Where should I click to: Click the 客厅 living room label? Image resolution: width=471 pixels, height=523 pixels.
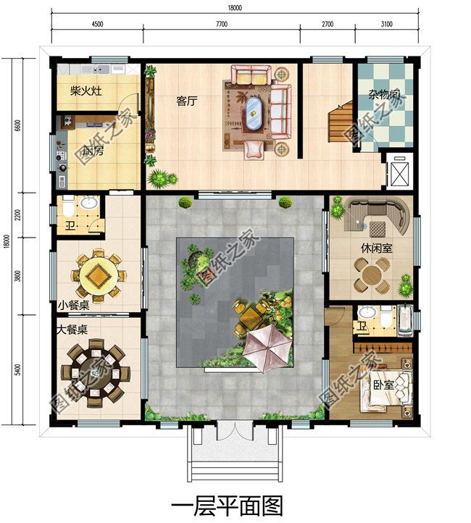coord(187,101)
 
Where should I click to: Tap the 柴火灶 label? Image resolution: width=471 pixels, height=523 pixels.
coord(86,91)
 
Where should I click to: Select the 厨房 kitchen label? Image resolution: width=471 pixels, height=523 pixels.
coord(93,151)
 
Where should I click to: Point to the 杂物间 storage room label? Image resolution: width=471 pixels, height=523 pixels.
coord(384,95)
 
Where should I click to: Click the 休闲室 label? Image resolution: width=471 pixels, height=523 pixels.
coord(377,248)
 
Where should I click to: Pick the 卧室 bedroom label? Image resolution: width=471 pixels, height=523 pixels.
coord(384,385)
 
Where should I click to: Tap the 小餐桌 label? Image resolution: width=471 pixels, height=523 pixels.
coord(74,305)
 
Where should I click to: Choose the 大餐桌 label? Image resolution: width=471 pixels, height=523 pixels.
coord(72,330)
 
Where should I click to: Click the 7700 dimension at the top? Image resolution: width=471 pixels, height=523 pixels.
coord(222,24)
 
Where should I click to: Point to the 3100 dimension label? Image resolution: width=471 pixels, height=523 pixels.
coord(387,24)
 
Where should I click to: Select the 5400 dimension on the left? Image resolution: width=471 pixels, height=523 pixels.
coord(17,369)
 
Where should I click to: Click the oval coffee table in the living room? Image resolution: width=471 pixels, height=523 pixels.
coord(254,113)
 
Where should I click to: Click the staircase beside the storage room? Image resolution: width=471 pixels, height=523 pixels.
coord(341,122)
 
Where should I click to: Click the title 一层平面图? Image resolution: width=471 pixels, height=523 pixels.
coord(227,506)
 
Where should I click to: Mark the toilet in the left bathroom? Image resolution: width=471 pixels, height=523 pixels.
coord(68,206)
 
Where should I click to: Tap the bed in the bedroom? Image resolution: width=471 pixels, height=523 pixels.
coord(387,388)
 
